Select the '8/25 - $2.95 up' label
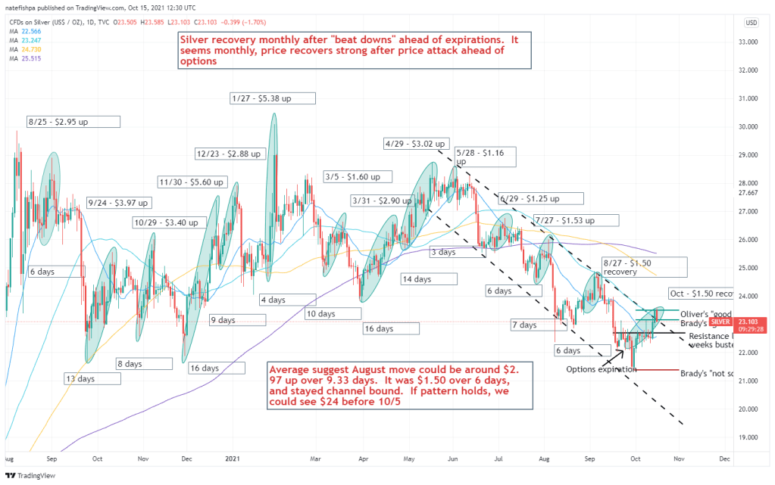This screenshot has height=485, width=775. [73, 121]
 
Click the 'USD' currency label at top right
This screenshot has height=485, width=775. [751, 23]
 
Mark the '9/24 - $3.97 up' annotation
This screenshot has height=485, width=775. [119, 202]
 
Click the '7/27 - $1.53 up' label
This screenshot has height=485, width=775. [576, 220]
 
